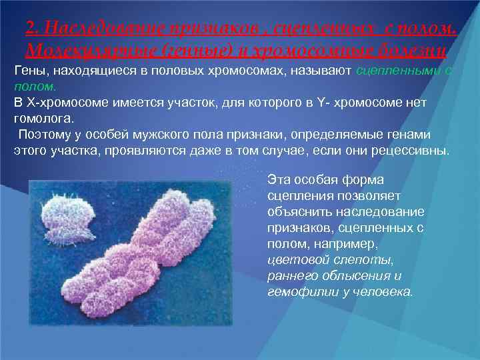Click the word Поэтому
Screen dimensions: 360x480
point(42,134)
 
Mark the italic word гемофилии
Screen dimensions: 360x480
point(297,291)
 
